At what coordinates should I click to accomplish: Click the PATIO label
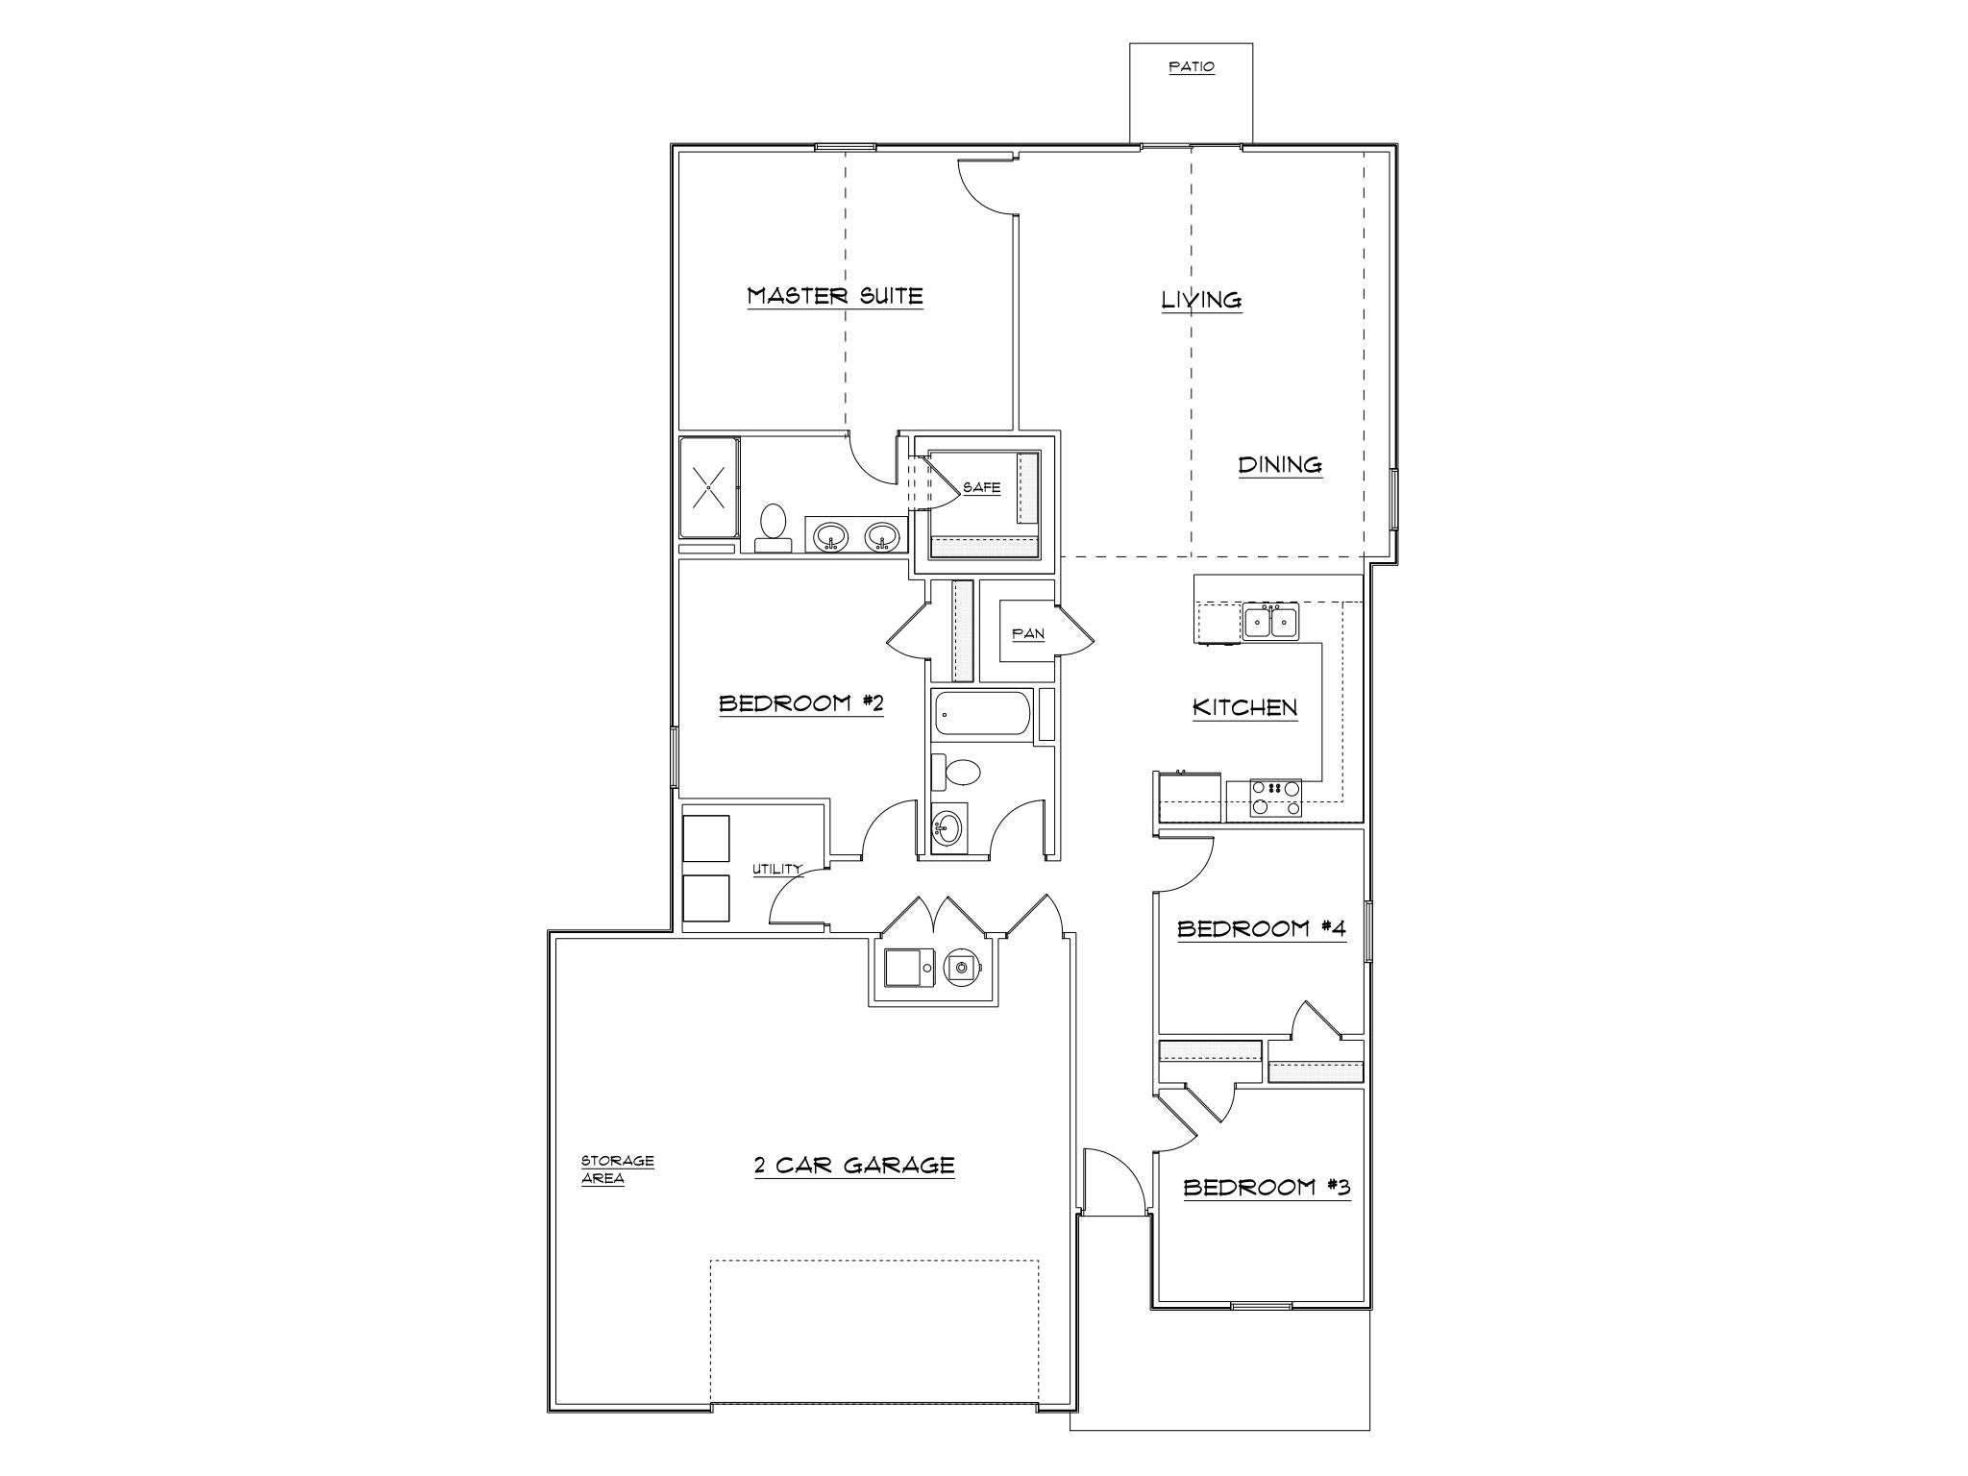coord(1191,67)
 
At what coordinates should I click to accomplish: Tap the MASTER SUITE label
coord(835,296)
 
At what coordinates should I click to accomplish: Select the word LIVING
coord(1201,300)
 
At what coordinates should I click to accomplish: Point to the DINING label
coord(1279,465)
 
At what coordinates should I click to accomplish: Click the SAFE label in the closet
coord(981,488)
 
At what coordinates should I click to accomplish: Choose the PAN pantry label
coord(1027,634)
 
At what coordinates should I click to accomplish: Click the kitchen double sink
coord(1269,623)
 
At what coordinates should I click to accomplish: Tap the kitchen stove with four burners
coord(1275,798)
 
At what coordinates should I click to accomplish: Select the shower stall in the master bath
coord(709,488)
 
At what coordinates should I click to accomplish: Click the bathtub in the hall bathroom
coord(981,714)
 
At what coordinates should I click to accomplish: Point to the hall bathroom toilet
coord(956,771)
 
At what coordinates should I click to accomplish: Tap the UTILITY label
coord(776,870)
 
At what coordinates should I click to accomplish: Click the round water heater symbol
coord(961,966)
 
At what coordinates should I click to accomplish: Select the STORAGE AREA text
coord(616,1169)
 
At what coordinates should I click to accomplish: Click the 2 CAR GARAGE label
coord(853,1166)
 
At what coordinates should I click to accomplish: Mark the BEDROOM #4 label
coord(1260,928)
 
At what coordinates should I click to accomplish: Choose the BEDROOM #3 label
coord(1266,1188)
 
